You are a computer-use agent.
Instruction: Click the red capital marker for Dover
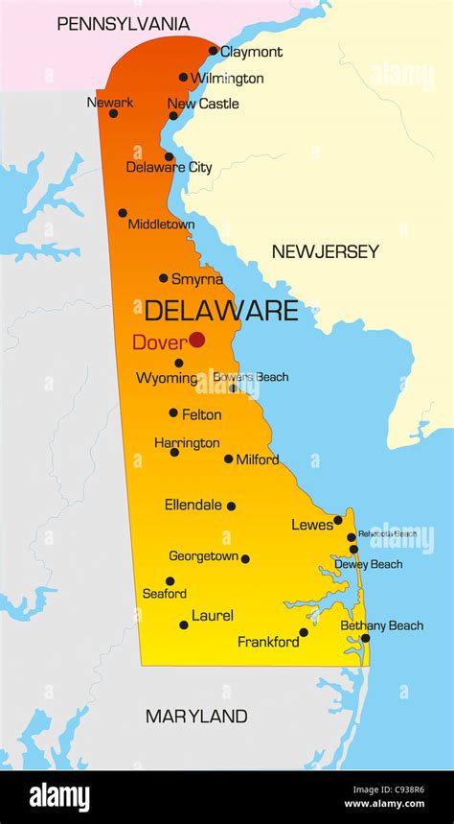[196, 340]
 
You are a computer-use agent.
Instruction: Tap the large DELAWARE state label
[221, 311]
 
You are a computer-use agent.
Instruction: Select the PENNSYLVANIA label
[124, 24]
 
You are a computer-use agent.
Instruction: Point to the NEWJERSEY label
[325, 252]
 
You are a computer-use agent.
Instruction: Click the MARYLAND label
[196, 717]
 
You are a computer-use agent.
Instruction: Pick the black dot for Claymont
[213, 51]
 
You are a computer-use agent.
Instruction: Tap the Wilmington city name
[227, 78]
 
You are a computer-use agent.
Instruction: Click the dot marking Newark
[113, 113]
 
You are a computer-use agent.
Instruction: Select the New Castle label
[203, 104]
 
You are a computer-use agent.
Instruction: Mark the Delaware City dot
[169, 156]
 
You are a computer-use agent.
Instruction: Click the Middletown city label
[161, 224]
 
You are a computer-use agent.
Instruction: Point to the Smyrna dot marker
[164, 278]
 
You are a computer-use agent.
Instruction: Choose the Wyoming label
[166, 379]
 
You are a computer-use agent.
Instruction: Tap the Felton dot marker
[173, 412]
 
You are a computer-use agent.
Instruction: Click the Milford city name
[258, 459]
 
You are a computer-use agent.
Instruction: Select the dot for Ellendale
[231, 506]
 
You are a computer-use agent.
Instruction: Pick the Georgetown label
[203, 556]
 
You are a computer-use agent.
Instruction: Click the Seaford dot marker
[170, 580]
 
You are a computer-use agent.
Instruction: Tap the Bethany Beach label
[381, 625]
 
